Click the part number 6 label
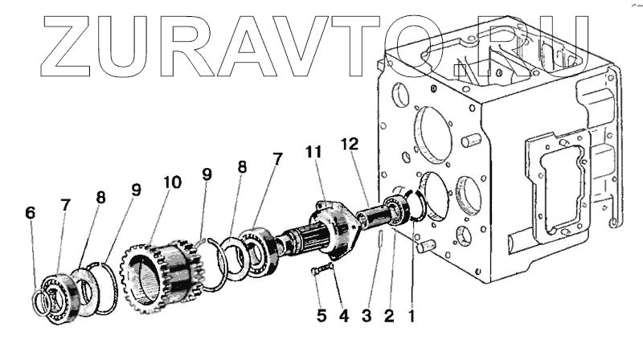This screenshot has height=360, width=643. (31, 213)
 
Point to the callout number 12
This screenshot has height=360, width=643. (348, 144)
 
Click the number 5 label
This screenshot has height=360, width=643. (321, 316)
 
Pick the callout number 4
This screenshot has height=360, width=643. (343, 316)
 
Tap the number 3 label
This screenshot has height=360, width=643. (367, 316)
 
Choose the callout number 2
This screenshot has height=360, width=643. (389, 316)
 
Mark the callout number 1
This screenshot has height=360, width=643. (412, 316)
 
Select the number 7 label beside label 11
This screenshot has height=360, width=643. (277, 158)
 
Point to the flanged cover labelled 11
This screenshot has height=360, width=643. (334, 225)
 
